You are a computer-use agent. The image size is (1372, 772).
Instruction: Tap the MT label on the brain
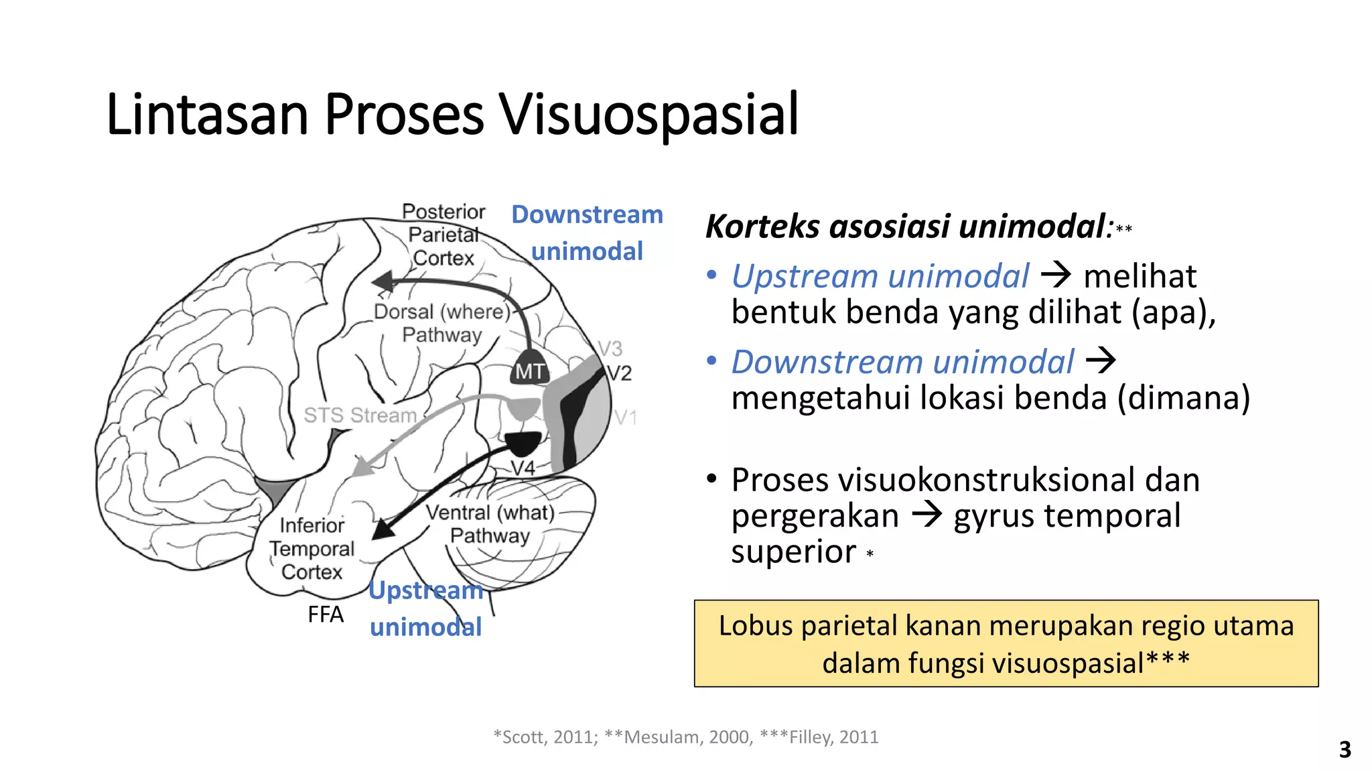pyautogui.click(x=529, y=371)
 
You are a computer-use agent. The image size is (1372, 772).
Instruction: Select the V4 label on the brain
pyautogui.click(x=523, y=468)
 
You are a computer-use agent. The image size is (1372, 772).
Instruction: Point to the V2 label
pyautogui.click(x=619, y=373)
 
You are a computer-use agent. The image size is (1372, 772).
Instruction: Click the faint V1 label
pyautogui.click(x=624, y=418)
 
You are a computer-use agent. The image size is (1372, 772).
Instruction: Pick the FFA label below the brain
pyautogui.click(x=325, y=615)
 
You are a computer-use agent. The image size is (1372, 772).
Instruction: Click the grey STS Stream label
pyautogui.click(x=360, y=415)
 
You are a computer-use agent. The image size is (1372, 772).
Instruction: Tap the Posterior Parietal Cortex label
pyautogui.click(x=443, y=235)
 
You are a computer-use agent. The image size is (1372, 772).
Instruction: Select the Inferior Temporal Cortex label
pyautogui.click(x=312, y=548)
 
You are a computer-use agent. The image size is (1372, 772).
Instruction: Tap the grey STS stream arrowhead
pyautogui.click(x=362, y=467)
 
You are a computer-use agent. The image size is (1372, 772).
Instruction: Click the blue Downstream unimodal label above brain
pyautogui.click(x=587, y=233)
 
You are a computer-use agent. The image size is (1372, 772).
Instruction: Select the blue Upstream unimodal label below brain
pyautogui.click(x=425, y=608)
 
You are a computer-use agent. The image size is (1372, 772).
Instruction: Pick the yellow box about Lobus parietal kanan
pyautogui.click(x=1006, y=643)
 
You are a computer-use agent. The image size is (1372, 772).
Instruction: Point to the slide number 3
pyautogui.click(x=1345, y=749)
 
